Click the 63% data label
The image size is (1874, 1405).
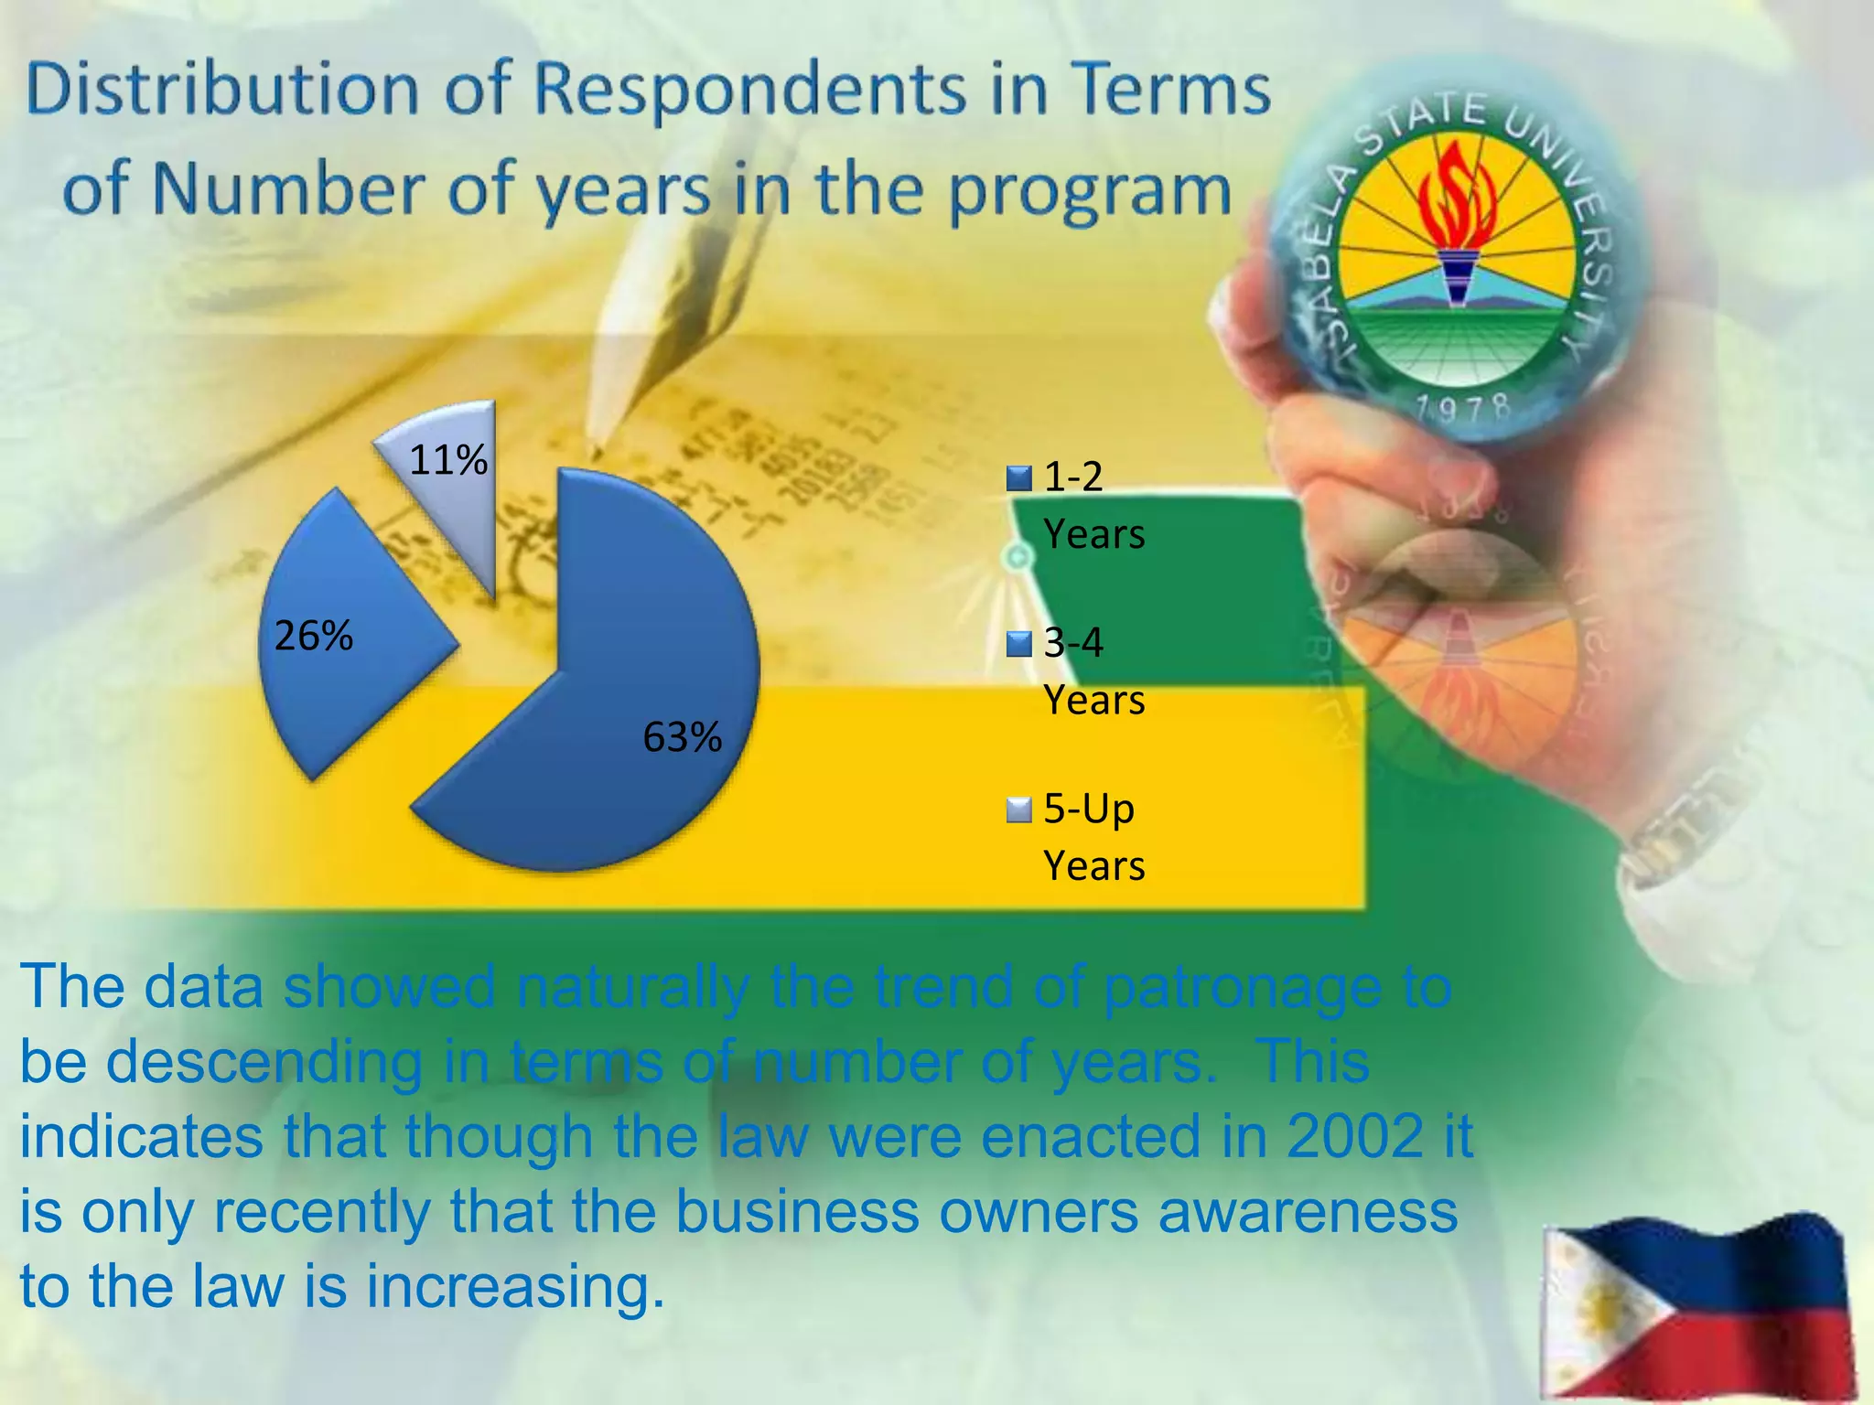682,737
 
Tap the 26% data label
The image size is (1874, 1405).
313,636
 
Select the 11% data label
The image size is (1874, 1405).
447,460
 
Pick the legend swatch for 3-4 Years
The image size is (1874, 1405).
1018,645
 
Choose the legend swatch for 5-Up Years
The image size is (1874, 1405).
1018,810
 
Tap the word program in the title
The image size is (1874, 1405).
1089,192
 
